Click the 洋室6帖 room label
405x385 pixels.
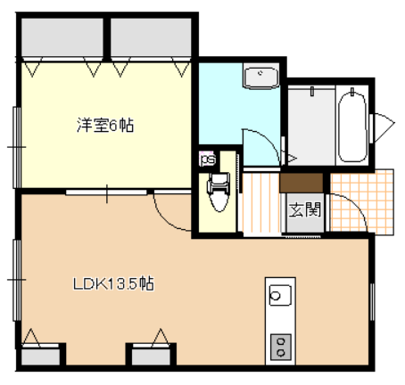(x=105, y=125)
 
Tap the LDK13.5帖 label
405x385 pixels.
(x=113, y=283)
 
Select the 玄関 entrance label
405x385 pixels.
(x=305, y=209)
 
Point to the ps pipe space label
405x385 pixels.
(x=208, y=160)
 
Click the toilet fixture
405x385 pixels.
(x=219, y=192)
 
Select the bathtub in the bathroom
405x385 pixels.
(x=352, y=127)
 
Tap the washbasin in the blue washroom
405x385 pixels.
(x=260, y=78)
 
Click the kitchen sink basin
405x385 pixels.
(x=280, y=295)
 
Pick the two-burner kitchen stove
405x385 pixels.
(x=280, y=347)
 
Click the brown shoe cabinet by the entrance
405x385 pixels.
(x=302, y=183)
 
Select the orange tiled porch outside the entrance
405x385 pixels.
(x=362, y=202)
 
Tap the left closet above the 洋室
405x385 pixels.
(x=62, y=37)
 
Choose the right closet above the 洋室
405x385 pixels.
(x=151, y=37)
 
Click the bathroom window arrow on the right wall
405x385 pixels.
(x=384, y=127)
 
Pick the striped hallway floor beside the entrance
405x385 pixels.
(x=261, y=203)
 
